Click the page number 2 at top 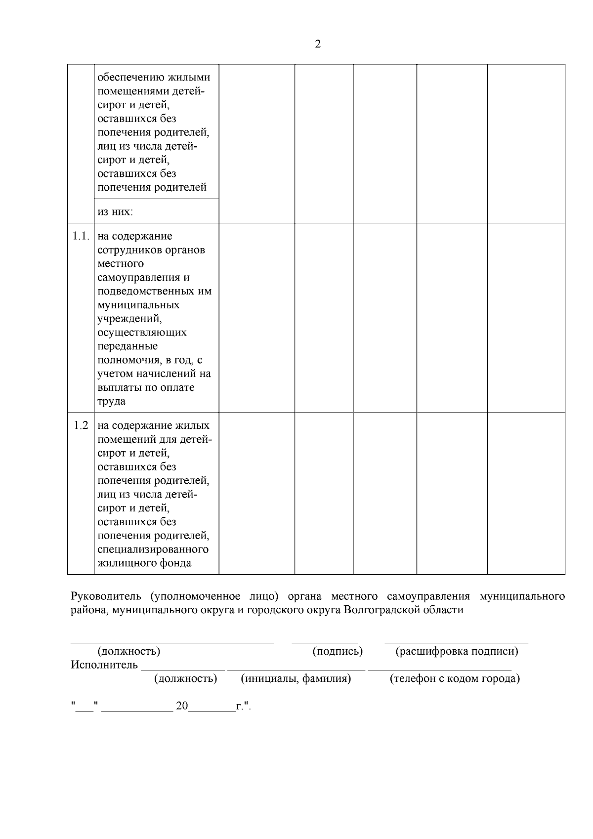pos(317,44)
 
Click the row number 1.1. pos(81,236)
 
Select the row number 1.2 pos(81,425)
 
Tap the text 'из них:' pos(116,212)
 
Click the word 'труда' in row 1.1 pos(112,401)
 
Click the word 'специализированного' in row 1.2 pos(153,549)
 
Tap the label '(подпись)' pos(338,651)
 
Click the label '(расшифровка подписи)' pos(457,651)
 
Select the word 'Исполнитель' pos(104,665)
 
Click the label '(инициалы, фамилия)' pos(296,679)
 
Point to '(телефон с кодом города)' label pos(455,679)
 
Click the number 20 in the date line pos(182,706)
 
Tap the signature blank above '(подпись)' pos(325,641)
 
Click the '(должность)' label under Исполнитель pos(186,679)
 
